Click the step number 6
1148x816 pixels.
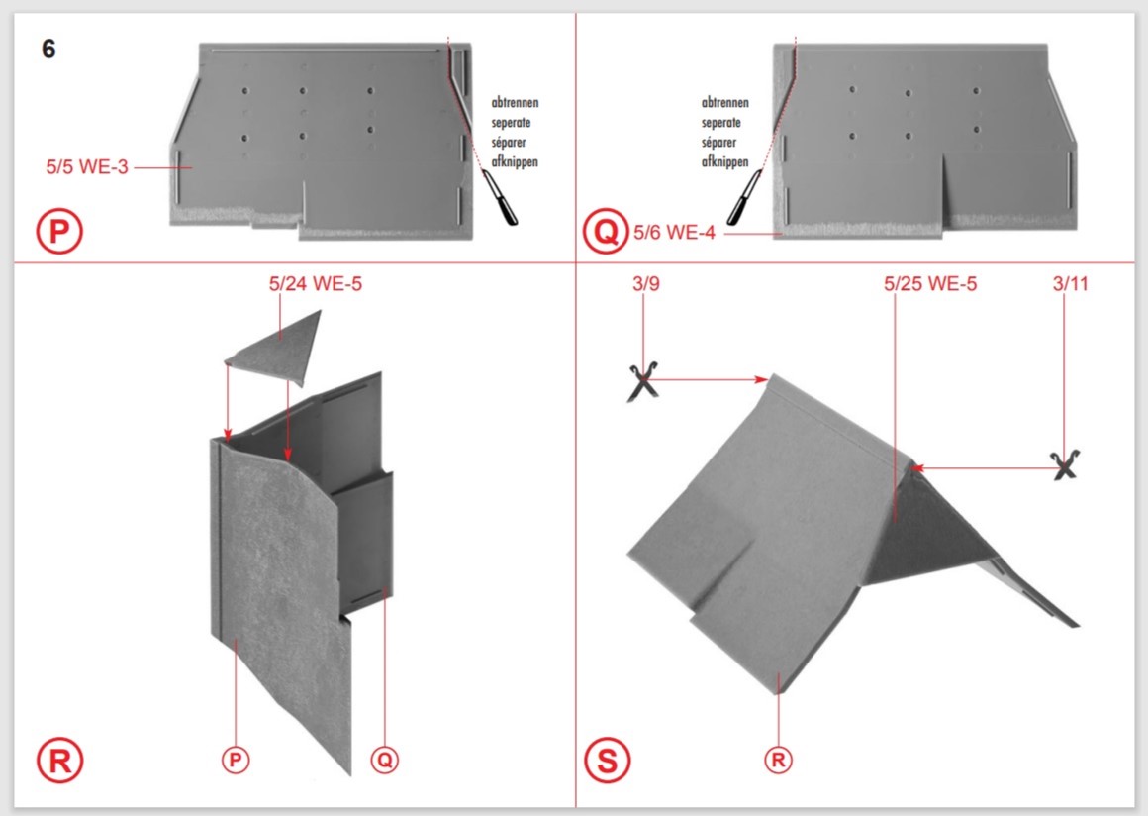[48, 50]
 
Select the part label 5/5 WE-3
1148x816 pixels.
[87, 167]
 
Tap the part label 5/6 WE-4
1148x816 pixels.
[674, 233]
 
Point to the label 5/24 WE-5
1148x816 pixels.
[316, 283]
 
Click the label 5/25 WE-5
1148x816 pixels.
[930, 283]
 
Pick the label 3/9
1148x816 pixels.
[645, 283]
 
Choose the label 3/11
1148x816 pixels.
[1071, 283]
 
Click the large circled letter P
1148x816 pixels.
[59, 232]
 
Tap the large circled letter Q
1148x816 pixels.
[606, 231]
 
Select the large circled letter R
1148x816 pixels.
[60, 761]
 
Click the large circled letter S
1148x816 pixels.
[608, 761]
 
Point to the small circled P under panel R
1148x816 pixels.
[235, 760]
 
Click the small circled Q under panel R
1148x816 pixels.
[385, 760]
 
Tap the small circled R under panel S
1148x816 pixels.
[778, 760]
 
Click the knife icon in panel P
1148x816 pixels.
[500, 196]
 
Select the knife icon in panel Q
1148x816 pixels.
[744, 196]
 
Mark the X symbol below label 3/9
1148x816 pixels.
[643, 381]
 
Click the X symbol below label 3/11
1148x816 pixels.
[1065, 464]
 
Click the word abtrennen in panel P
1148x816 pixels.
[515, 103]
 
